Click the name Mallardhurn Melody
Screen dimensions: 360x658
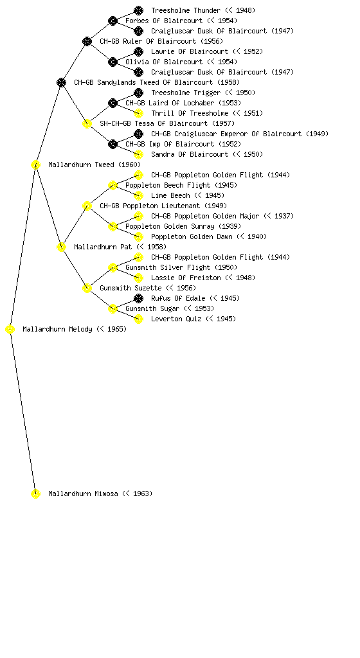pyautogui.click(x=57, y=329)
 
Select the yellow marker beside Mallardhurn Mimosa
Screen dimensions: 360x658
pyautogui.click(x=35, y=493)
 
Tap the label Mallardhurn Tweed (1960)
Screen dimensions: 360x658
pyautogui.click(x=94, y=164)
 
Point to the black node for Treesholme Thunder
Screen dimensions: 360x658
pyautogui.click(x=138, y=10)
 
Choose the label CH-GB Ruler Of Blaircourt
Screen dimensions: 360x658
pyautogui.click(x=148, y=41)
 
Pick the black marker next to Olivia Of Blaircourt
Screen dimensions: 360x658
pyautogui.click(x=113, y=62)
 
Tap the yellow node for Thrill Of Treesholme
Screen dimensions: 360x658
pyautogui.click(x=138, y=113)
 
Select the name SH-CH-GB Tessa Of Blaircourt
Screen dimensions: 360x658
pyautogui.click(x=154, y=123)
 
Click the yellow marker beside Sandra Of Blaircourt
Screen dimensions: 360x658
pyautogui.click(x=138, y=154)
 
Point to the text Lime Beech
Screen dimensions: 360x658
pyautogui.click(x=170, y=195)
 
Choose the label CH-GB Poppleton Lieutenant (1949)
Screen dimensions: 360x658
pyautogui.click(x=163, y=206)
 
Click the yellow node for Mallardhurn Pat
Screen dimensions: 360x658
pyautogui.click(x=61, y=247)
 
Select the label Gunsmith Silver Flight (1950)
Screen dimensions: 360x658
pyautogui.click(x=181, y=267)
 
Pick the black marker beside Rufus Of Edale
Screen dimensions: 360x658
pyautogui.click(x=138, y=298)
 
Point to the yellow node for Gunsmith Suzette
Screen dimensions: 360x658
pyautogui.click(x=87, y=288)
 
